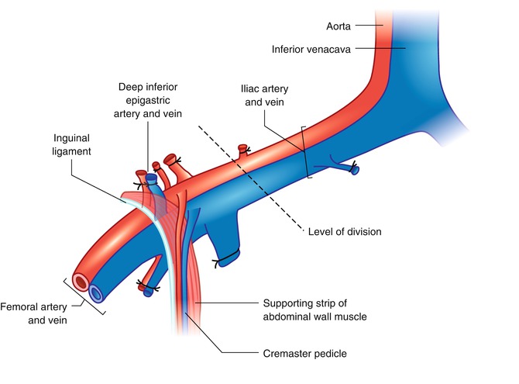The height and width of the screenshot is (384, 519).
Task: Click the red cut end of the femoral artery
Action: point(79,281)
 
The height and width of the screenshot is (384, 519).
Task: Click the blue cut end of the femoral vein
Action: point(96,293)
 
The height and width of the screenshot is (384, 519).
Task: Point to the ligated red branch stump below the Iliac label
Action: point(243,147)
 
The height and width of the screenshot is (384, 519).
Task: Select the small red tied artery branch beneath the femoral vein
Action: point(146,289)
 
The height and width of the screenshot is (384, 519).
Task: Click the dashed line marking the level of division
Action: point(248,178)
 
